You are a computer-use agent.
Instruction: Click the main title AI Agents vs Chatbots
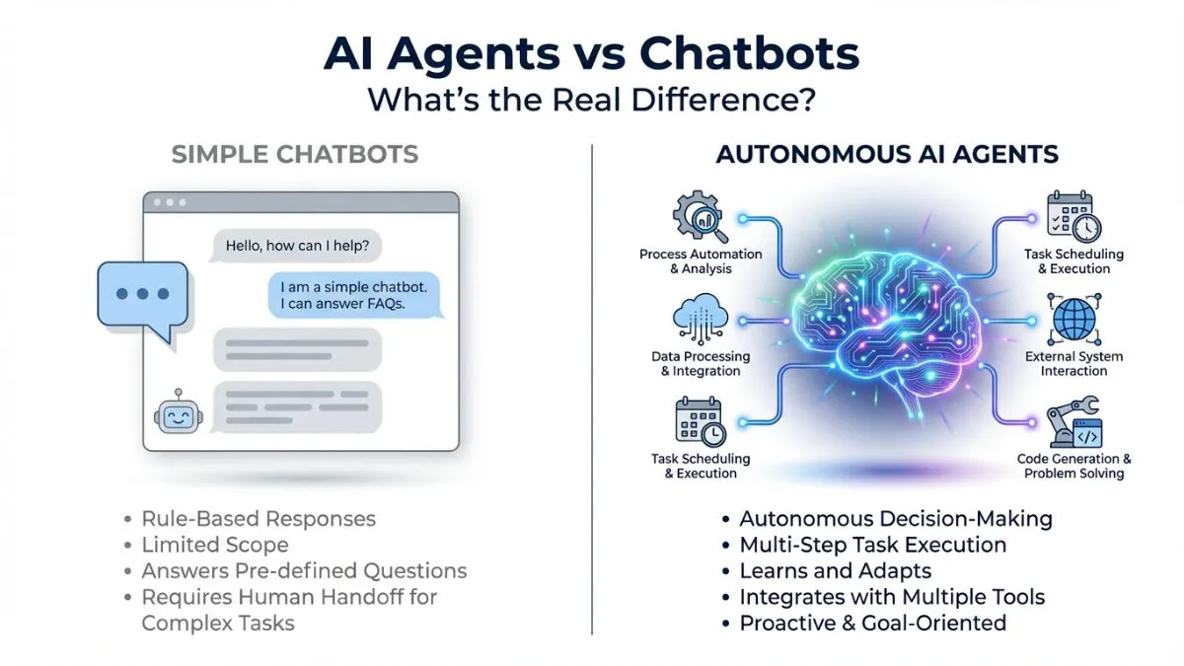click(591, 55)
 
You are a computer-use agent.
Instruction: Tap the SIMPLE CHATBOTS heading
click(295, 155)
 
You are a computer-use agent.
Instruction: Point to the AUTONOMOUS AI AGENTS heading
click(887, 155)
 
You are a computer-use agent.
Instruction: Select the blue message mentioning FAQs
click(356, 295)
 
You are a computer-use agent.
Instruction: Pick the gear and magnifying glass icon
click(699, 218)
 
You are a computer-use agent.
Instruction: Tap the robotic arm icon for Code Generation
click(1073, 421)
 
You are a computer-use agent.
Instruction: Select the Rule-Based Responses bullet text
click(259, 518)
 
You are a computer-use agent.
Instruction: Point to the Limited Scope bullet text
click(215, 545)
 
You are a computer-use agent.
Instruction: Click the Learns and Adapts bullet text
click(835, 570)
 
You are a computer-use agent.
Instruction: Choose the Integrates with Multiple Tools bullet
click(892, 597)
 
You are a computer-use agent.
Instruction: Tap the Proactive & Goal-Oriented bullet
click(872, 623)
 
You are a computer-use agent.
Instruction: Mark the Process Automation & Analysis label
click(701, 261)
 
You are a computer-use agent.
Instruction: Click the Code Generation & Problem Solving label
click(1074, 466)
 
